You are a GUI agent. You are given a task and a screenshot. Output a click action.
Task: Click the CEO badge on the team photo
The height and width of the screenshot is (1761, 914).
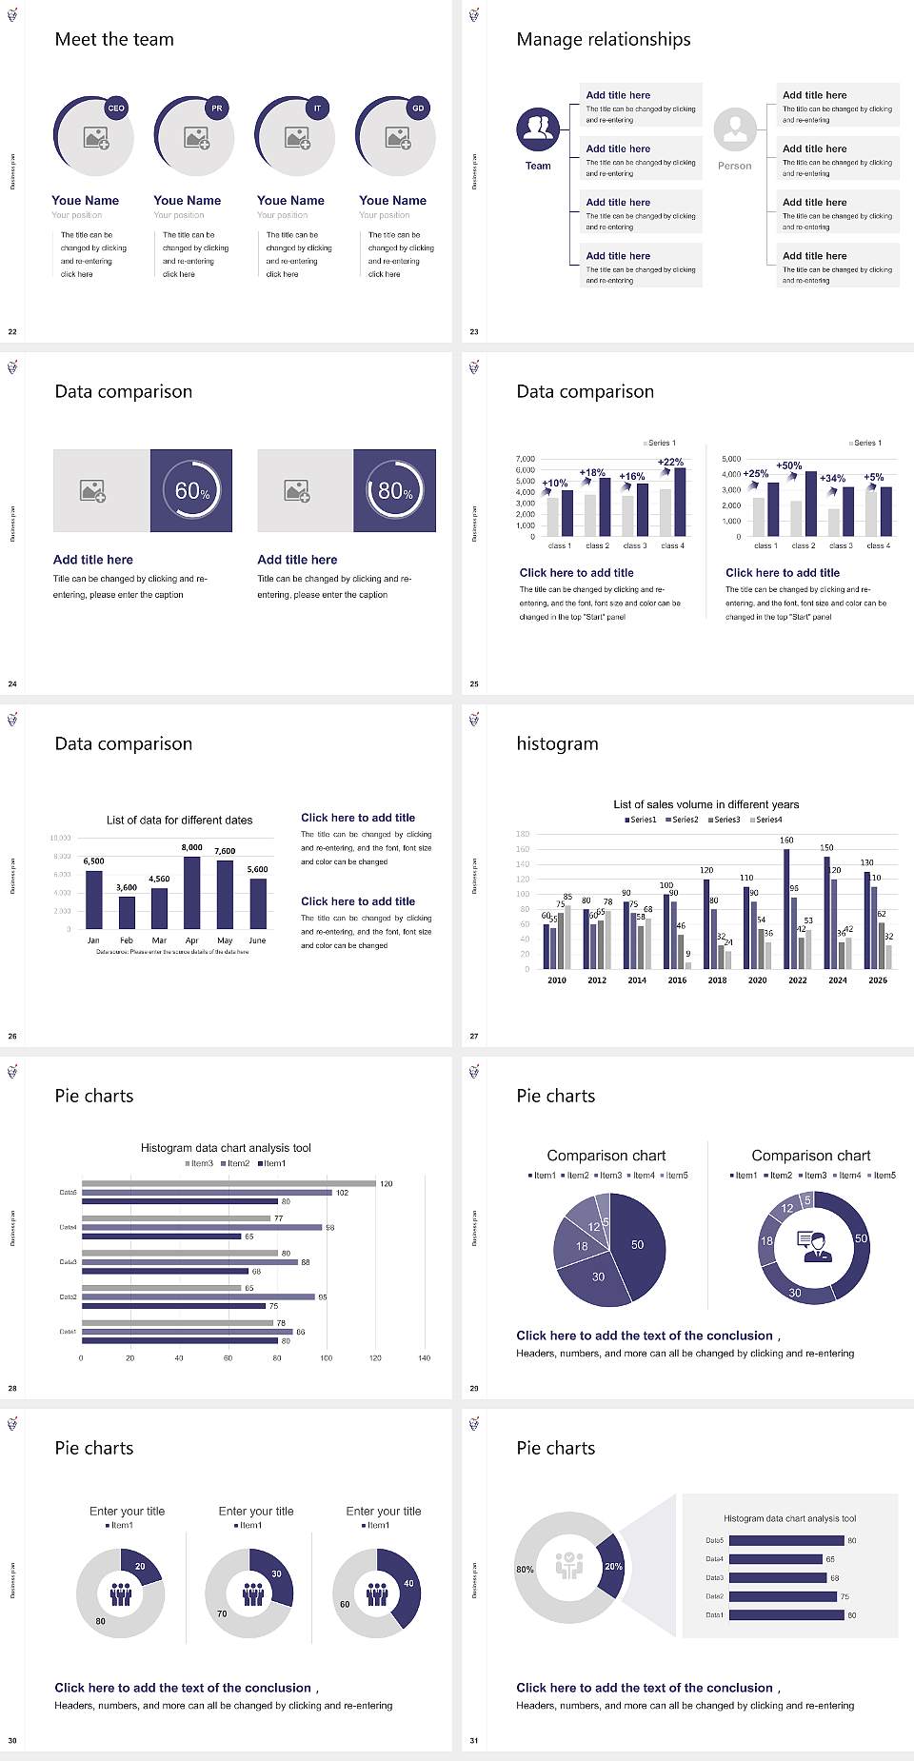pyautogui.click(x=116, y=108)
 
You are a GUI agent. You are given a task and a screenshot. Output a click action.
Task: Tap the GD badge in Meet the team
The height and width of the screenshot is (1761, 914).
pyautogui.click(x=418, y=108)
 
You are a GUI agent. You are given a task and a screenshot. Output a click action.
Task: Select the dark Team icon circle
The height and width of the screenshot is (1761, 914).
pyautogui.click(x=538, y=129)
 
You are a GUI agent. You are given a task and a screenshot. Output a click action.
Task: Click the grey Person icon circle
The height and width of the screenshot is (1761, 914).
pyautogui.click(x=735, y=129)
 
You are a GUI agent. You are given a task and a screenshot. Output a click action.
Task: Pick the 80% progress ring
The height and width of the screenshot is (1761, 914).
pyautogui.click(x=395, y=490)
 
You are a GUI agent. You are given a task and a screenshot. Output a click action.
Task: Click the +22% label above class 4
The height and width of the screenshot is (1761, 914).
pyautogui.click(x=670, y=462)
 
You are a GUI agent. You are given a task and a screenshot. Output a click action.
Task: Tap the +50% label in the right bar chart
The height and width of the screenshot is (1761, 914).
pyautogui.click(x=788, y=465)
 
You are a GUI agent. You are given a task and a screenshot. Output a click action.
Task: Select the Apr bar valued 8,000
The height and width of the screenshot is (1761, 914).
pyautogui.click(x=192, y=892)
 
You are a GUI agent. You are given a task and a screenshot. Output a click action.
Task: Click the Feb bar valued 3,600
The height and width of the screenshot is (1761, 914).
pyautogui.click(x=127, y=912)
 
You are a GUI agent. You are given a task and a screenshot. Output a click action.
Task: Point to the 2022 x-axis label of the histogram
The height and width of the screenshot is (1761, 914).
pyautogui.click(x=798, y=979)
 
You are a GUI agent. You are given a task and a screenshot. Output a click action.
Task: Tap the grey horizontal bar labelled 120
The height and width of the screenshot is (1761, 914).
pyautogui.click(x=228, y=1183)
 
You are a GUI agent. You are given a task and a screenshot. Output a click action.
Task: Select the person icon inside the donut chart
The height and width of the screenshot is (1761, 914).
pyautogui.click(x=814, y=1246)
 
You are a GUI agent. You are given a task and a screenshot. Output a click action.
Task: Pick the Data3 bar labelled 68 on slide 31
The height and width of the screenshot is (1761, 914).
pyautogui.click(x=777, y=1577)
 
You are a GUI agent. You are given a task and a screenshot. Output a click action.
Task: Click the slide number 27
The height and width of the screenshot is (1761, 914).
pyautogui.click(x=474, y=1036)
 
